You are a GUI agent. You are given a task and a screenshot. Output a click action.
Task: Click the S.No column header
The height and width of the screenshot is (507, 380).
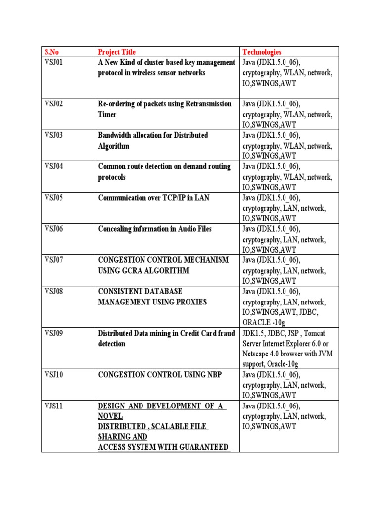[52, 52]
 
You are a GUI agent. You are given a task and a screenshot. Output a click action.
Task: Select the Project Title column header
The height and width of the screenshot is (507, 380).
[117, 52]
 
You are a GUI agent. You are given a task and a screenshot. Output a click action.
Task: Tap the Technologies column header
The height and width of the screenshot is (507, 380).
[262, 52]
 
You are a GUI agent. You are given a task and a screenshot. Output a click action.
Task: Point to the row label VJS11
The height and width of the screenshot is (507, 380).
[54, 406]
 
